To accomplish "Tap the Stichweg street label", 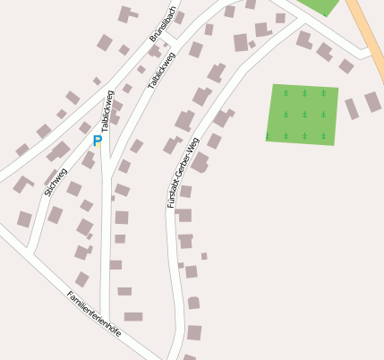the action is (55, 182).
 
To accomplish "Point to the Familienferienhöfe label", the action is (93, 313).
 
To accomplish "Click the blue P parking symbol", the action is (97, 141).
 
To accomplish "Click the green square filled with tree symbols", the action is (303, 115).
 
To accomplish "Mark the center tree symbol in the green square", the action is (303, 115).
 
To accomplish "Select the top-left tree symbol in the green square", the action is (286, 93).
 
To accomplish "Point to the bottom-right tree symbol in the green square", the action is (323, 137).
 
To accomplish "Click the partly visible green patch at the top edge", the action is (320, 5).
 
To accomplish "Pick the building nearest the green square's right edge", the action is (352, 108).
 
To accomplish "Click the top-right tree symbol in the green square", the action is (323, 93).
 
